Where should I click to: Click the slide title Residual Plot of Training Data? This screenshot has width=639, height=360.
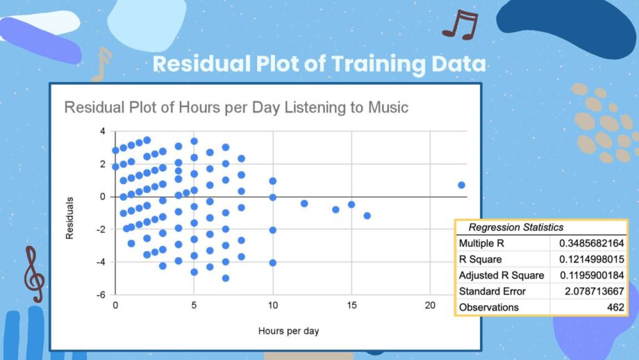pyautogui.click(x=319, y=64)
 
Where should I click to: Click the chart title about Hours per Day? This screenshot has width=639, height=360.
pyautogui.click(x=236, y=108)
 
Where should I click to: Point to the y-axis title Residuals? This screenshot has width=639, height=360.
pyautogui.click(x=69, y=218)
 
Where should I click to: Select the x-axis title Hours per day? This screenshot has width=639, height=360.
pyautogui.click(x=288, y=331)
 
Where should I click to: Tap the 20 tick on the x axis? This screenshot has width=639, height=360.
pyautogui.click(x=430, y=305)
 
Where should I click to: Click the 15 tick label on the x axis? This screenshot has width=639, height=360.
pyautogui.click(x=351, y=305)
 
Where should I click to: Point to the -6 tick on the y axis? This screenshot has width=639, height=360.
pyautogui.click(x=101, y=295)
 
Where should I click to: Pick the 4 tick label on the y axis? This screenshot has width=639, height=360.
pyautogui.click(x=103, y=131)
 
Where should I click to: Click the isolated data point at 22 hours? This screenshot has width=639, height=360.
pyautogui.click(x=461, y=185)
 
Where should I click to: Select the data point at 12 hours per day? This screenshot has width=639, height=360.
pyautogui.click(x=304, y=204)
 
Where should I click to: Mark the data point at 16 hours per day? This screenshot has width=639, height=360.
pyautogui.click(x=367, y=215)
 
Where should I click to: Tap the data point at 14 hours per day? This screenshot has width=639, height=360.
pyautogui.click(x=335, y=210)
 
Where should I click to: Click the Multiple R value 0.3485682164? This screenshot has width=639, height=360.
pyautogui.click(x=591, y=243)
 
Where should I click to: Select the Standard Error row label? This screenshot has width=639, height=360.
pyautogui.click(x=492, y=291)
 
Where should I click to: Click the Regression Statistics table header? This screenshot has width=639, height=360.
pyautogui.click(x=516, y=227)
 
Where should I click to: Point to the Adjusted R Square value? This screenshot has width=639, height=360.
pyautogui.click(x=592, y=276)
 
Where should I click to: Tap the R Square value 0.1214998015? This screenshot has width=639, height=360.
pyautogui.click(x=592, y=259)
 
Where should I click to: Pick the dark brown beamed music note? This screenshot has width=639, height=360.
pyautogui.click(x=460, y=24)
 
